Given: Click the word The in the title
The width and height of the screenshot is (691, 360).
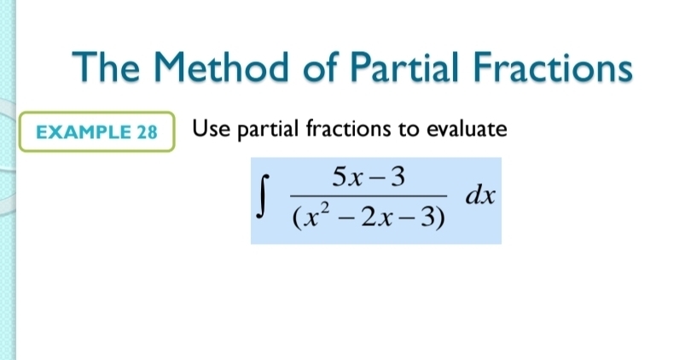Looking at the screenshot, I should [106, 67].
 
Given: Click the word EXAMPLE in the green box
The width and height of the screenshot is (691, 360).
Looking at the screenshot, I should [84, 132].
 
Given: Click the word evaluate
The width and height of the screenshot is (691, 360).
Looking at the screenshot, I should [467, 130].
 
